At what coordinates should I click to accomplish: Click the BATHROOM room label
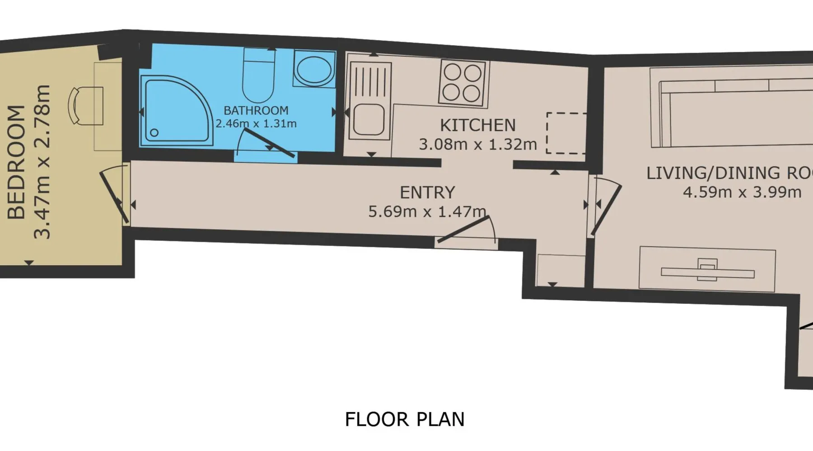(x=256, y=110)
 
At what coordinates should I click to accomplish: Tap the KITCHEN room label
(x=478, y=125)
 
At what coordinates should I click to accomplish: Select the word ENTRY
(x=427, y=193)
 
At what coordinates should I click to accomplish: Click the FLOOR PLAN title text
(x=405, y=419)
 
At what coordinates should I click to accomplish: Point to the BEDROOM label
(x=17, y=162)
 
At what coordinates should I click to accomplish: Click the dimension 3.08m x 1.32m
(x=478, y=144)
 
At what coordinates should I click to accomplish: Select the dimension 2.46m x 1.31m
(x=256, y=124)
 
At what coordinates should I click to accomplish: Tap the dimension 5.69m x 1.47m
(x=427, y=212)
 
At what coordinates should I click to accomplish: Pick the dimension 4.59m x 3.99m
(x=742, y=192)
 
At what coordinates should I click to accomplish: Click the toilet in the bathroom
(x=258, y=75)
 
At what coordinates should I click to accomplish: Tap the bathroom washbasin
(x=314, y=69)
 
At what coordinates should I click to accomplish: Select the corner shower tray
(x=176, y=111)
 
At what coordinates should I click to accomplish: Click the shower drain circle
(x=154, y=133)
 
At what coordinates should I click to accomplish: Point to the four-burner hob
(x=462, y=83)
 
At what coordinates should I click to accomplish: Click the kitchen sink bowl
(x=369, y=120)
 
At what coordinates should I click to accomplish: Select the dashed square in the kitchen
(x=566, y=133)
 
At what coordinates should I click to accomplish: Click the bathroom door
(x=269, y=143)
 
